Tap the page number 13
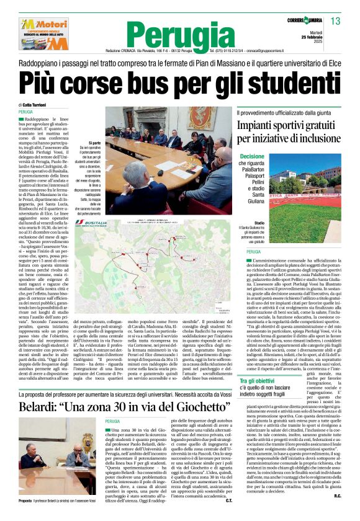click(x=335, y=22)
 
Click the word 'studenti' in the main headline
click(x=276, y=82)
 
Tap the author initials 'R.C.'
click(x=338, y=513)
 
